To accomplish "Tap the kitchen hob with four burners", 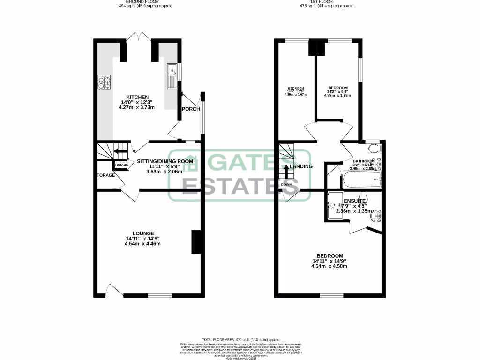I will pos(105,82).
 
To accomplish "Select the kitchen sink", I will pos(172,77).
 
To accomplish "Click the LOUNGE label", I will pos(143,233).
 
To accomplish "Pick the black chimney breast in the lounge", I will pos(196,242).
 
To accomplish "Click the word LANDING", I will pos(301,166).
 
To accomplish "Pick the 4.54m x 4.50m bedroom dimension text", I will pos(330,267).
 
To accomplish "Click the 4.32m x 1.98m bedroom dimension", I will pos(337,95).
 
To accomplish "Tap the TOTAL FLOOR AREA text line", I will pos(240,339).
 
